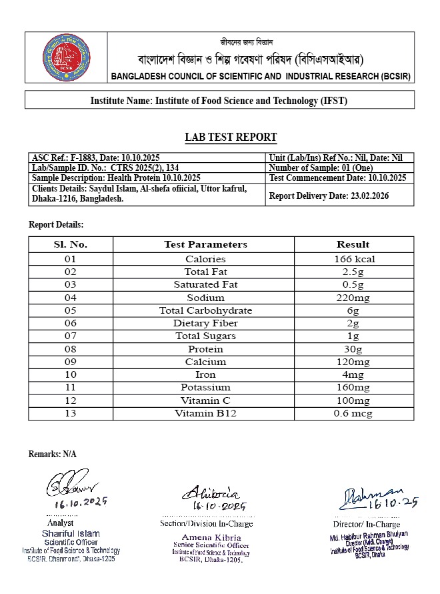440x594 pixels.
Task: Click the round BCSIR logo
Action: pos(67,57)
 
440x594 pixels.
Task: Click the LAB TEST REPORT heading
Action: pos(231,137)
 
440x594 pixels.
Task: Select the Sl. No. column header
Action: pos(70,244)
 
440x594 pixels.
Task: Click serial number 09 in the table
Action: pos(70,362)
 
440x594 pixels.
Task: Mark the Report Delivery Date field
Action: pos(329,196)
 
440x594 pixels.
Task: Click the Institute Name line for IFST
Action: pos(219,101)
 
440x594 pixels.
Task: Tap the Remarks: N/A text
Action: pos(52,454)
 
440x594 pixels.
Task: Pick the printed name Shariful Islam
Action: pos(71,533)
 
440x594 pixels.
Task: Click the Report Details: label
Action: pos(56,224)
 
